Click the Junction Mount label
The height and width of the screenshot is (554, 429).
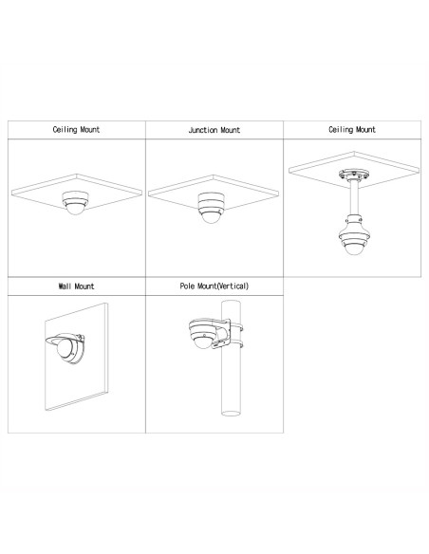[214, 130]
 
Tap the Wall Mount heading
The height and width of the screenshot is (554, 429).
[76, 286]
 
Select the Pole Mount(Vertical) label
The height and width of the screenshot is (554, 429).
[214, 286]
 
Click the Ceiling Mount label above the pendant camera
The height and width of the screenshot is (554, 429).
[352, 130]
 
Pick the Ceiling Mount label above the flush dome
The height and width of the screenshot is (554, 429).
[76, 130]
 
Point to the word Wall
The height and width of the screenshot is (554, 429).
[65, 286]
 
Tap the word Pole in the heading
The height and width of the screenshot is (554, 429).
[187, 286]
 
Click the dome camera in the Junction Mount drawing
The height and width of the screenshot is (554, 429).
[211, 208]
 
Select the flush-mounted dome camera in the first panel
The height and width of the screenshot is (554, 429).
[75, 203]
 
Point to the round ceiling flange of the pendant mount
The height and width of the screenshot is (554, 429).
[354, 175]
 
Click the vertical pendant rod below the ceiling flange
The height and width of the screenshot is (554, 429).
[353, 198]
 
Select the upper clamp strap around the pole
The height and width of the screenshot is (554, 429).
[236, 327]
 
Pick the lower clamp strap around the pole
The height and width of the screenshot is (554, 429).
[236, 343]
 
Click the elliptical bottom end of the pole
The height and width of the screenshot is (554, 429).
[231, 413]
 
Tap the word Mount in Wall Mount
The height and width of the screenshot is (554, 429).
[84, 286]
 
